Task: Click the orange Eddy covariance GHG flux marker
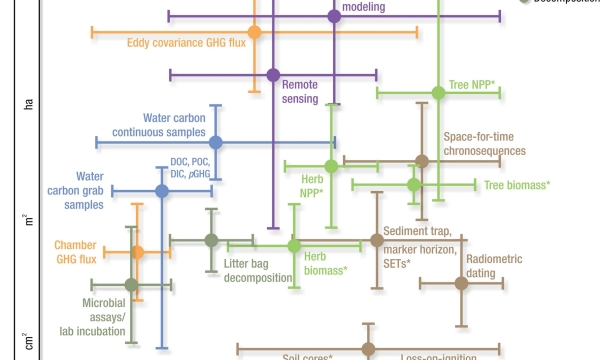point(254,33)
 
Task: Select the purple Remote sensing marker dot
point(272,75)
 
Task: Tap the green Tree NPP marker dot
point(437,93)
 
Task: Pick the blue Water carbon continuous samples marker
point(215,142)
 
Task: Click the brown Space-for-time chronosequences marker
point(422,160)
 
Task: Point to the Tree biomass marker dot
point(413,185)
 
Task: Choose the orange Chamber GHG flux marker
point(138,251)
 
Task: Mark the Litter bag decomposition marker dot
point(211,239)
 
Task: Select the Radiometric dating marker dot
point(461,283)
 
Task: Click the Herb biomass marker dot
point(294,245)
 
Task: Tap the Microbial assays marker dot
point(131,285)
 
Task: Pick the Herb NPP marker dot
point(331,166)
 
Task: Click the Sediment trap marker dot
point(376,240)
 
